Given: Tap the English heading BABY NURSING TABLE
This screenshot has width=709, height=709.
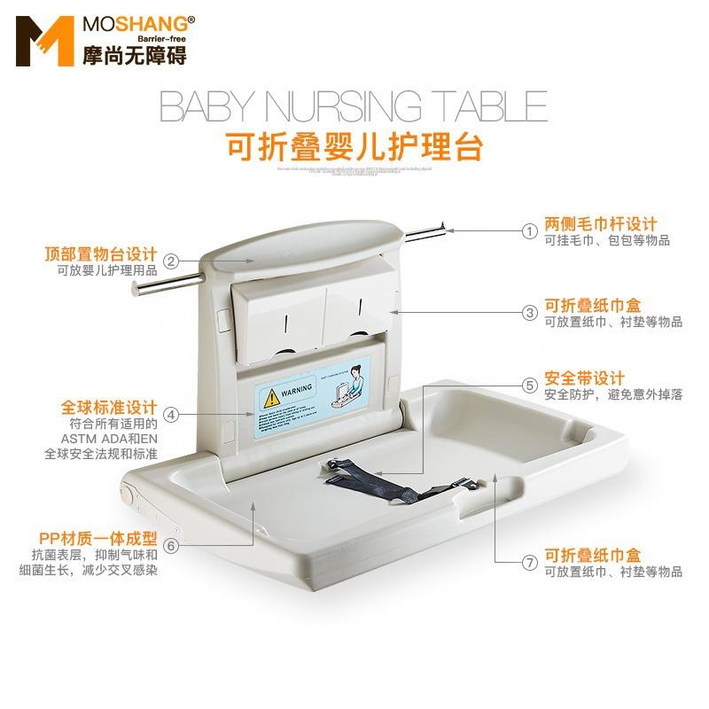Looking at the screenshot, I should click(x=353, y=106).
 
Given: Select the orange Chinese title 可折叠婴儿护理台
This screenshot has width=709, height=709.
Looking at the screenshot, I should click(x=354, y=143).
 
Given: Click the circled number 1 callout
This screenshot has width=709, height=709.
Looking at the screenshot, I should click(x=530, y=231).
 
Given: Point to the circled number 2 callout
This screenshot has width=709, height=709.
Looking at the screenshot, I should click(x=171, y=261).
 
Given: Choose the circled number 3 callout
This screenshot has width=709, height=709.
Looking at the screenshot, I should click(x=530, y=312).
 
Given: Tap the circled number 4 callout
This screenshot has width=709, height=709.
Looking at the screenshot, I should click(x=171, y=414).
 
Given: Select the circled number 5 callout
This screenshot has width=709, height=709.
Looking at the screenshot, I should click(x=530, y=385).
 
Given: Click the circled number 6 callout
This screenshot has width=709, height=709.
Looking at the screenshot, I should click(x=171, y=544).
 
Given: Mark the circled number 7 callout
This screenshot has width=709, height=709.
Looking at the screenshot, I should click(x=530, y=562).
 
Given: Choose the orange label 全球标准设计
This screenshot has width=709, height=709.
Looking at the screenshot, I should click(x=108, y=409).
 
